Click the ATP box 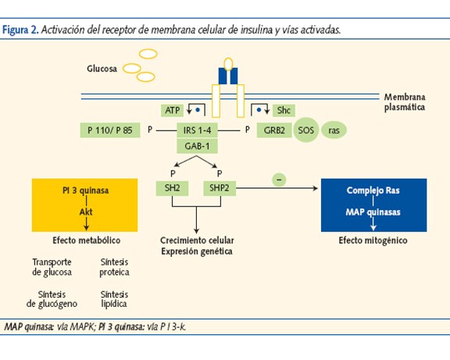tap(172, 111)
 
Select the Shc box tap(283, 111)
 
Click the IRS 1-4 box tap(196, 130)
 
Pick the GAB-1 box tap(196, 145)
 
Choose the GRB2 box tap(274, 130)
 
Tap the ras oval tap(334, 130)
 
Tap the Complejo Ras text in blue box tap(374, 191)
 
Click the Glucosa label tap(102, 69)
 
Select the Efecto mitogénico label tap(373, 241)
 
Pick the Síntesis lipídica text tap(115, 298)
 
